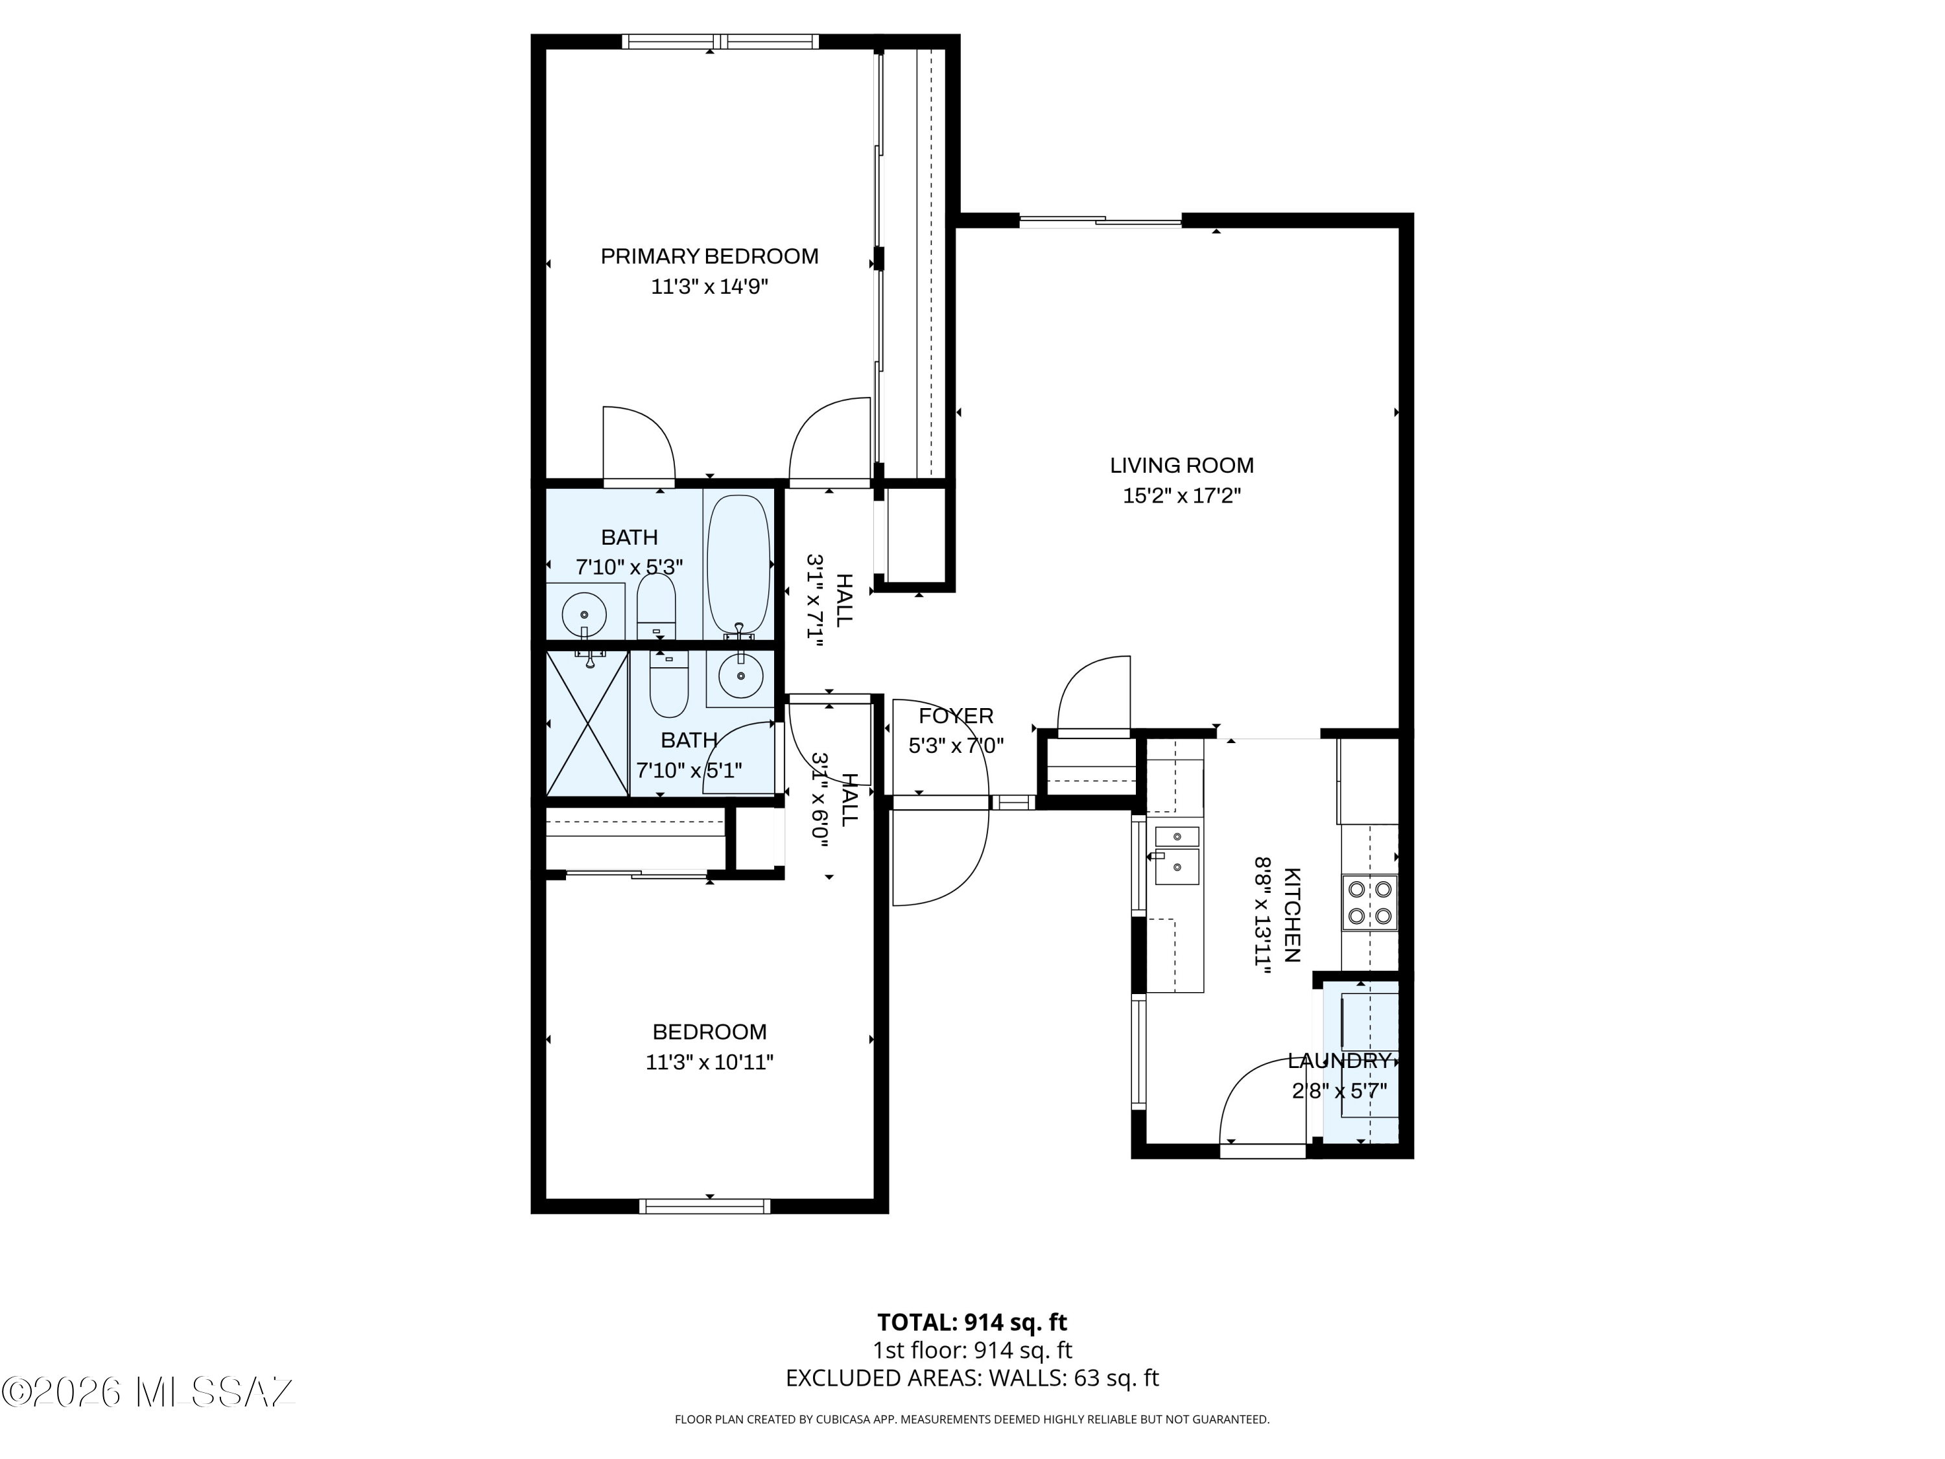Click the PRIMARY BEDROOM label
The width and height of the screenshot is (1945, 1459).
point(709,256)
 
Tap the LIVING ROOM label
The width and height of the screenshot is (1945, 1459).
point(1182,465)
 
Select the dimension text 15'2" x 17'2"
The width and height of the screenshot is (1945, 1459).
point(1182,496)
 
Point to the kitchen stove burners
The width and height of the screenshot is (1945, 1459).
point(1370,903)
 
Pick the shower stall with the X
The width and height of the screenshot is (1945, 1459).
point(587,723)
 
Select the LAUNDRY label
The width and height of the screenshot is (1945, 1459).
point(1340,1061)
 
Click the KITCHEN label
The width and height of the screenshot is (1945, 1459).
point(1291,914)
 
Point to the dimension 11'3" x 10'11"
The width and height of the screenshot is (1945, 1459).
point(709,1062)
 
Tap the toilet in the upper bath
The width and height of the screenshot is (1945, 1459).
point(656,605)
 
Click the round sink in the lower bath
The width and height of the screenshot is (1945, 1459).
point(740,676)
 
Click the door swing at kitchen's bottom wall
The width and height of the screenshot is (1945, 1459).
point(1261,1104)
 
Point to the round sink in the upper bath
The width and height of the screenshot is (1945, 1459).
point(584,610)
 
